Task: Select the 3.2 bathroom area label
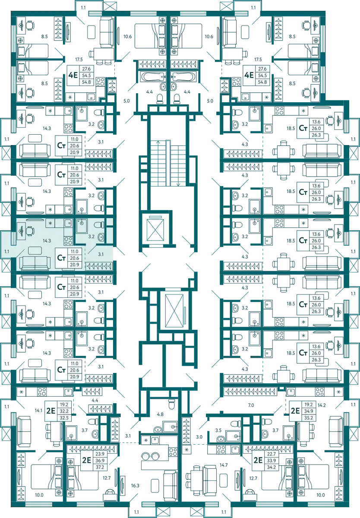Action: click(x=91, y=237)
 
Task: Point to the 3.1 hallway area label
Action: click(x=101, y=254)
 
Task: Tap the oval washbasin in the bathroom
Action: click(x=101, y=237)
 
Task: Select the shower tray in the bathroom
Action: click(x=82, y=226)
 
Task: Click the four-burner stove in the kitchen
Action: click(x=68, y=239)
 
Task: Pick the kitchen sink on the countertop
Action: click(x=68, y=223)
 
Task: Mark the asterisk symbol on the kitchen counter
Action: click(x=51, y=223)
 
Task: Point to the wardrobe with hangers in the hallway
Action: click(x=99, y=266)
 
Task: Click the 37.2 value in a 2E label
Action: click(x=100, y=467)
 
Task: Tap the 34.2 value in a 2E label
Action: click(x=271, y=467)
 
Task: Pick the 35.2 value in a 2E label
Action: click(x=308, y=418)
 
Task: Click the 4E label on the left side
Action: click(x=73, y=75)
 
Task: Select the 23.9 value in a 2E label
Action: click(x=100, y=454)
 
